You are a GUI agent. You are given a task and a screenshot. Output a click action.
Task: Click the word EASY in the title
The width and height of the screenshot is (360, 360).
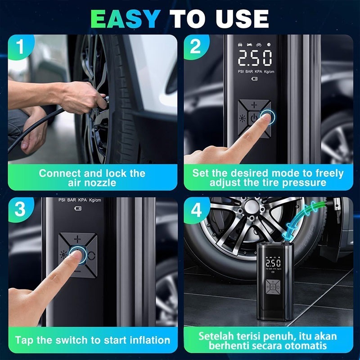pyautogui.click(x=126, y=19)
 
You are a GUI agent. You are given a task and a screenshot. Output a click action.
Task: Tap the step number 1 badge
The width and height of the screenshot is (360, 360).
pyautogui.click(x=20, y=47)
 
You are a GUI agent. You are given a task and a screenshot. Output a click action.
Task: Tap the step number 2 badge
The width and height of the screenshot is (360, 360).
pyautogui.click(x=195, y=47)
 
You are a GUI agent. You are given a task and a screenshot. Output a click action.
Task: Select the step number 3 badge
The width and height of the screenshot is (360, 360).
pyautogui.click(x=20, y=209)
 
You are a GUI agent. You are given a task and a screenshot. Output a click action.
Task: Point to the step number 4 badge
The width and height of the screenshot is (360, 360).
pyautogui.click(x=196, y=210)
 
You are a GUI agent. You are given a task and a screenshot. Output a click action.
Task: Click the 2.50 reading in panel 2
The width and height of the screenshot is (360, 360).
pyautogui.click(x=255, y=58)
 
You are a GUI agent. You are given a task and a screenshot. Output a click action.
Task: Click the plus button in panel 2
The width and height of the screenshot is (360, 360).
pyautogui.click(x=254, y=105)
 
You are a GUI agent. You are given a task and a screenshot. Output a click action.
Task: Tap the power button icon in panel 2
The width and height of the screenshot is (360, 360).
pyautogui.click(x=253, y=118)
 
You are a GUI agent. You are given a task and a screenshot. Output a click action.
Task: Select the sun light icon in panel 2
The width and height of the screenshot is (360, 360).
pyautogui.click(x=242, y=118)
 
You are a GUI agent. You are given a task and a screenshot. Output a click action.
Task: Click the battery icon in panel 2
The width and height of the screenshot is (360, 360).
pyautogui.click(x=255, y=79)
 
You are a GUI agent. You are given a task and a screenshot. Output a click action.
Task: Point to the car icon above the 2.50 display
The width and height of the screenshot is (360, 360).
pyautogui.click(x=240, y=45)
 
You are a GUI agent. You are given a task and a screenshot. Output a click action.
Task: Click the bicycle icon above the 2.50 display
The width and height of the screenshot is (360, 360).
pyautogui.click(x=259, y=45)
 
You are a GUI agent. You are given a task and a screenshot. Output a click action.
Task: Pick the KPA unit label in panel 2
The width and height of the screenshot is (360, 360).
pyautogui.click(x=258, y=72)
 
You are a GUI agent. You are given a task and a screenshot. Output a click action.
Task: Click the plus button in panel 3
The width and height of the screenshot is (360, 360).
pyautogui.click(x=77, y=239)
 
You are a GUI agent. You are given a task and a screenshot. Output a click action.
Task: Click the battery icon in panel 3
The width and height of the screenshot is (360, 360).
pyautogui.click(x=78, y=208)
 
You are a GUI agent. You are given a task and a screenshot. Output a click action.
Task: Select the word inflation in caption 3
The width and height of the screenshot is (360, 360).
pyautogui.click(x=150, y=340)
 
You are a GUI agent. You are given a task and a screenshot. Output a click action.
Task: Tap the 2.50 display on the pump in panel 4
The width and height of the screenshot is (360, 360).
pyautogui.click(x=273, y=263)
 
